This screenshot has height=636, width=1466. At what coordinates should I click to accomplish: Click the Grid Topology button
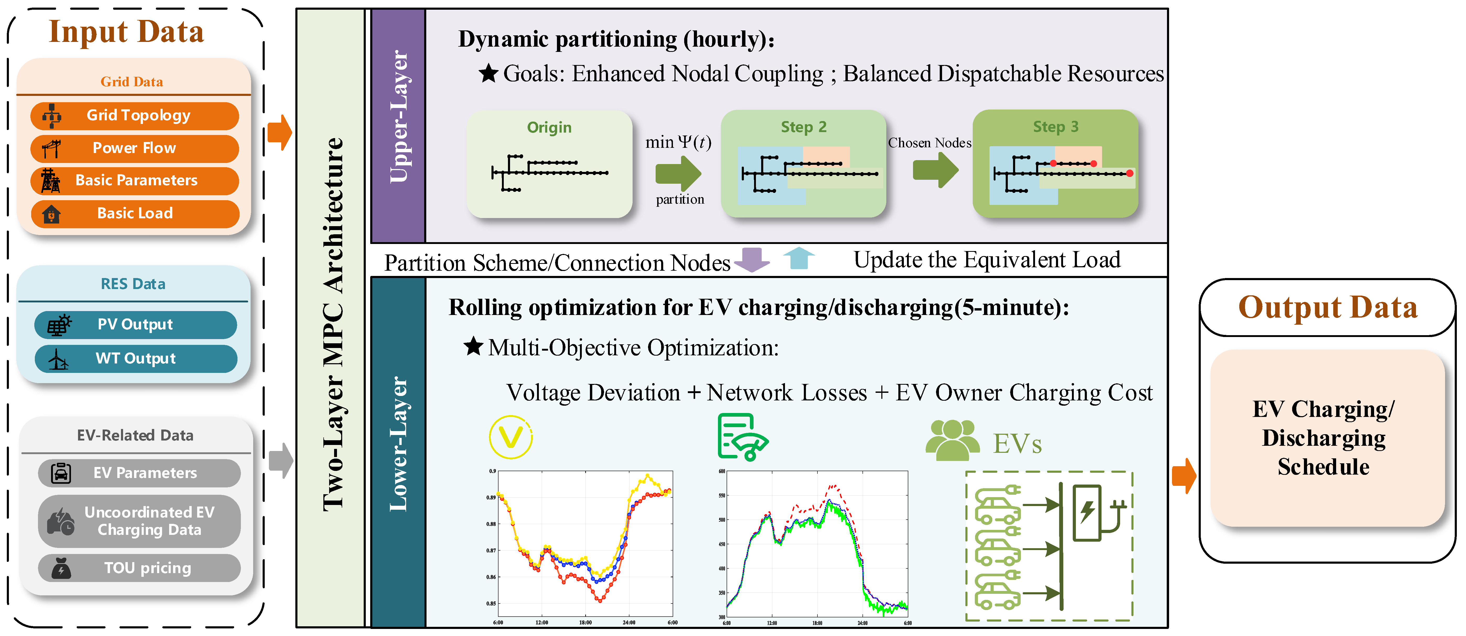(x=135, y=116)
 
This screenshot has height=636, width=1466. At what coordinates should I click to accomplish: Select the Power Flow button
(x=135, y=148)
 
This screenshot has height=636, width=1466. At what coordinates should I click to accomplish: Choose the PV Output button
(x=135, y=324)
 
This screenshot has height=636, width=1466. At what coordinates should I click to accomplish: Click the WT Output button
(x=135, y=359)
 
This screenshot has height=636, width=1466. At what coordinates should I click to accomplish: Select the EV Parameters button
(x=140, y=473)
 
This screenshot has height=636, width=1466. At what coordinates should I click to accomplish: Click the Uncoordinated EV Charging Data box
(x=140, y=521)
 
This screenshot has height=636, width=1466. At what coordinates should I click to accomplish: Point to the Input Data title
(x=126, y=32)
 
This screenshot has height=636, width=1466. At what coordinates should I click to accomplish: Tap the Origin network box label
(x=549, y=128)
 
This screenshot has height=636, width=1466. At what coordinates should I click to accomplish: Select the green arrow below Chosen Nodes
(x=935, y=170)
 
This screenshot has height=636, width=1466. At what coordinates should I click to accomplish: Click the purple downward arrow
(x=752, y=260)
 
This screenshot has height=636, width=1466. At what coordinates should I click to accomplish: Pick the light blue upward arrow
(x=799, y=258)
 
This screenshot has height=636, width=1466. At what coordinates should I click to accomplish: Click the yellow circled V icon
(x=511, y=437)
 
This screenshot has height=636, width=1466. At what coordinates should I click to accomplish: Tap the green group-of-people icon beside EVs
(x=952, y=440)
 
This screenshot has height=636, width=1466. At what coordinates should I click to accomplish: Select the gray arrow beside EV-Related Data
(x=281, y=460)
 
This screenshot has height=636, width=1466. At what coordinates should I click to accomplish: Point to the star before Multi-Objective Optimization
(x=473, y=346)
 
